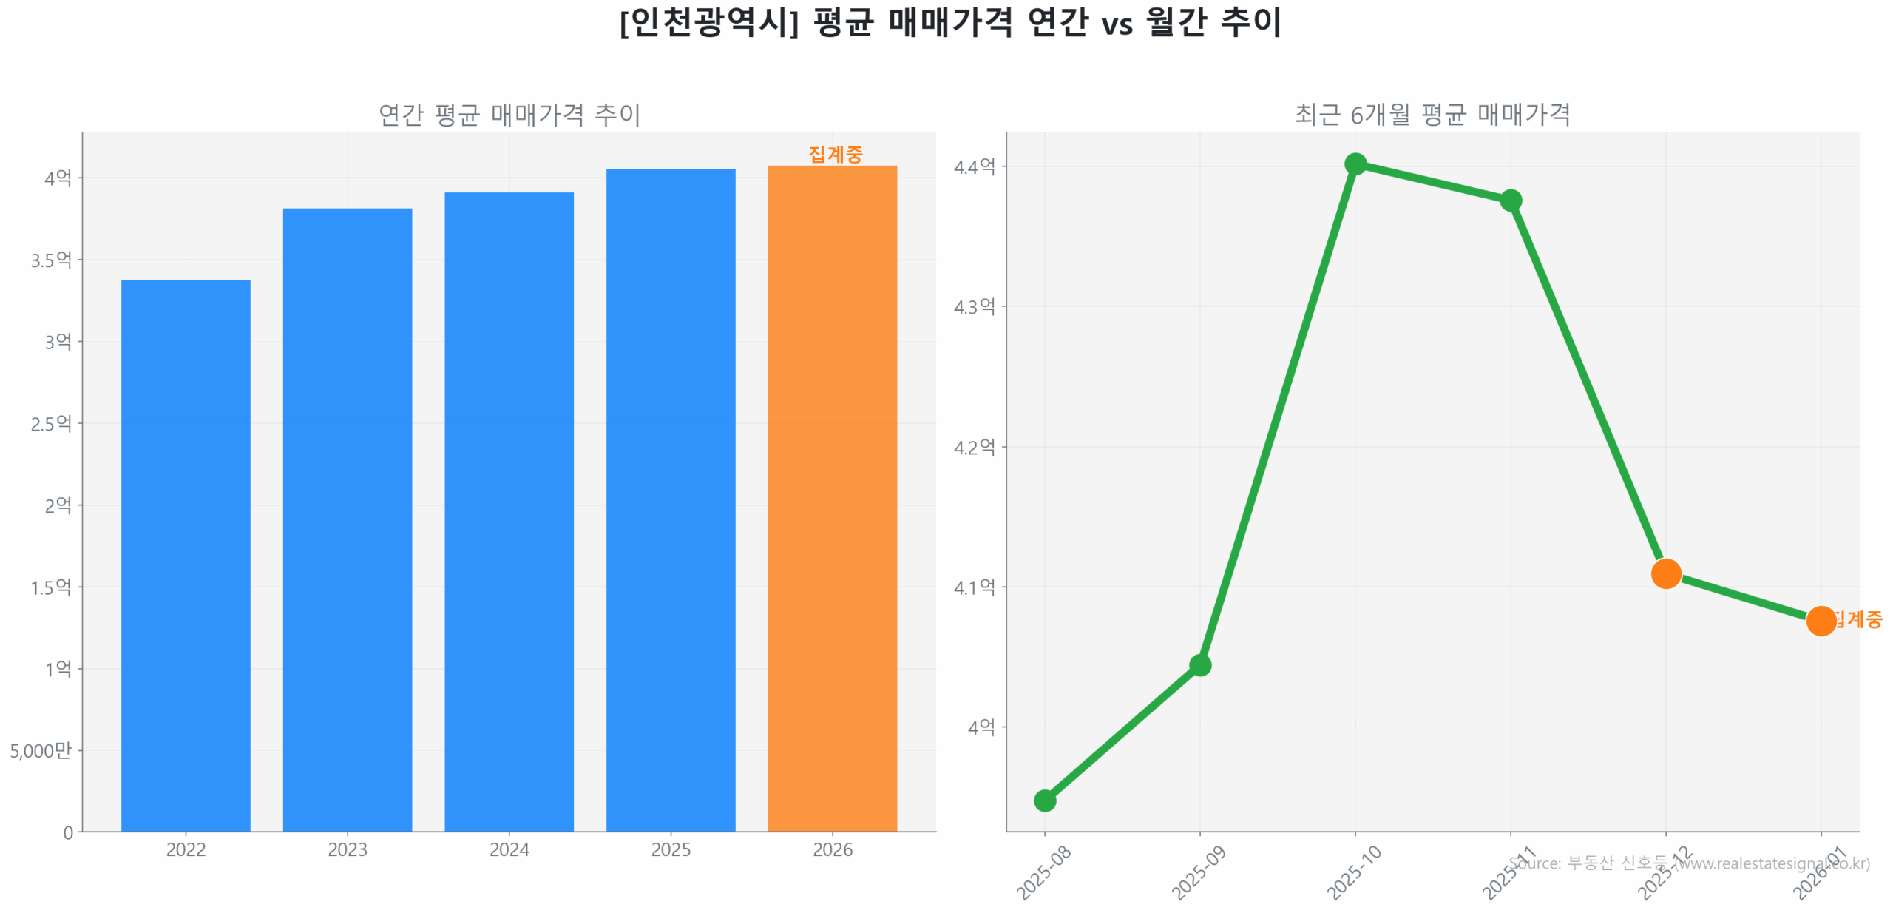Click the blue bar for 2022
(186, 555)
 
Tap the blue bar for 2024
(509, 511)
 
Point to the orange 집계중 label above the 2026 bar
(836, 154)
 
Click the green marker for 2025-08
(1045, 801)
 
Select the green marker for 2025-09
(1200, 665)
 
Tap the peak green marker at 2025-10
(1355, 164)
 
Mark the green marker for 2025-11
(1511, 201)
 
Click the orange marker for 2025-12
(1666, 573)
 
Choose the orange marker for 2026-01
(1821, 621)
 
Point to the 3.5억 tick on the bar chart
(51, 260)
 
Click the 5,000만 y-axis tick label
(41, 751)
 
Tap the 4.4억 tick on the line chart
(974, 166)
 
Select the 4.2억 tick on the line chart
(974, 447)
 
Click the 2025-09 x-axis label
(1199, 873)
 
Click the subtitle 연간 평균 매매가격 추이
(509, 115)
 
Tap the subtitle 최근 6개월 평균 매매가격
(1432, 115)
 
